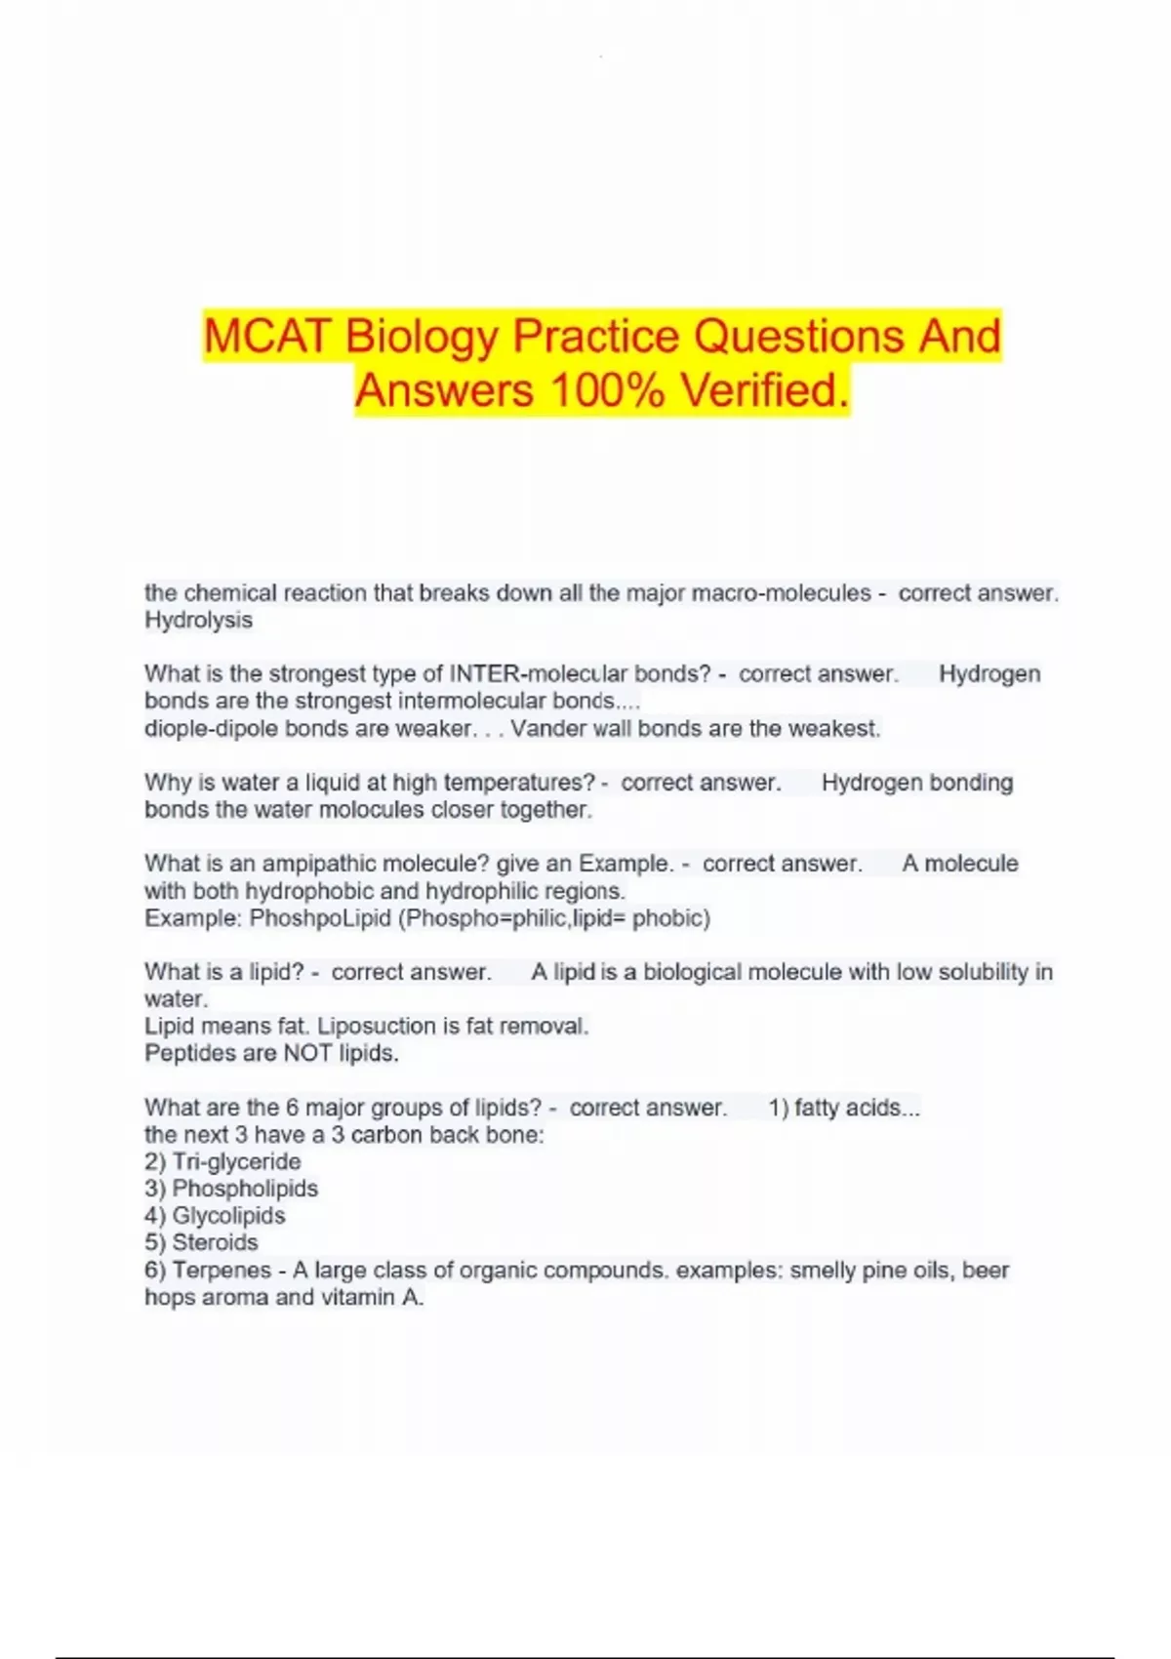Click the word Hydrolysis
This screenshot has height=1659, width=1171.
point(198,621)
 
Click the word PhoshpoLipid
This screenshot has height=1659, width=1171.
point(320,918)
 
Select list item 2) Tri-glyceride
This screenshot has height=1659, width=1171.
point(222,1162)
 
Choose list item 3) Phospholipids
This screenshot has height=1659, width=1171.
point(231,1189)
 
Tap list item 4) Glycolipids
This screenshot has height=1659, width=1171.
point(215,1216)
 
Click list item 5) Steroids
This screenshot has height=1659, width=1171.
point(201,1243)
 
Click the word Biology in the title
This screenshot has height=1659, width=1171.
point(422,337)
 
